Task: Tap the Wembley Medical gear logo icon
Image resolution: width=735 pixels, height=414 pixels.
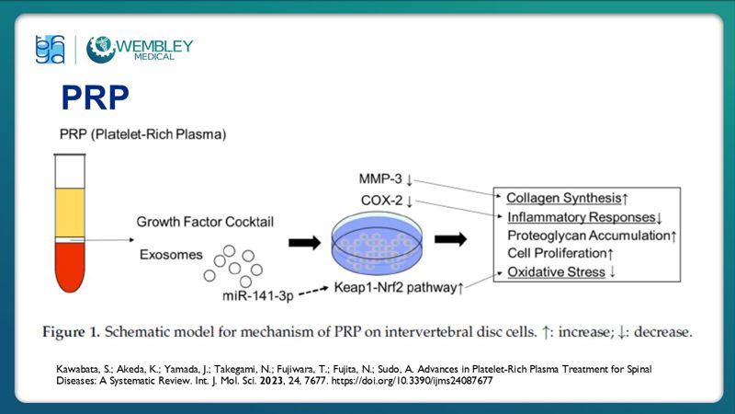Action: point(100,49)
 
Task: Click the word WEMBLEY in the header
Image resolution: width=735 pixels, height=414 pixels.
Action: point(155,43)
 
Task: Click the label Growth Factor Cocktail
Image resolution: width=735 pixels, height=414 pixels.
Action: point(205,223)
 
